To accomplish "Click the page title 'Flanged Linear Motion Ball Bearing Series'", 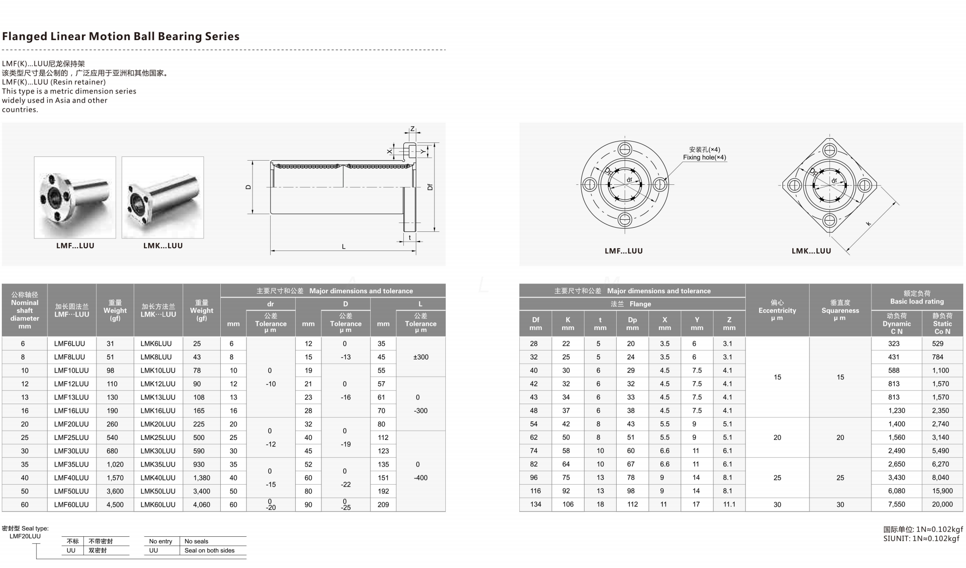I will tap(121, 36).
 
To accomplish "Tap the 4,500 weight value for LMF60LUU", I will tap(115, 504).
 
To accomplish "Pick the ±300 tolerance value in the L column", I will tap(420, 357).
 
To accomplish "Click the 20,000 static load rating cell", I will tap(942, 504).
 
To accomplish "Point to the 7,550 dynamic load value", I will tap(896, 504).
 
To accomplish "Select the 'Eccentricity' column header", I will tap(777, 310).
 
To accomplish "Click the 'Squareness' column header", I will tap(840, 310).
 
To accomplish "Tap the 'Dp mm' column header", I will tap(632, 324).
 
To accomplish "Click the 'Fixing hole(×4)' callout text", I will tap(704, 157).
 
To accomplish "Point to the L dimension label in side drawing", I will tap(344, 246).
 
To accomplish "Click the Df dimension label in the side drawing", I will tap(429, 187).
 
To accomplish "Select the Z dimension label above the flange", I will tap(412, 129).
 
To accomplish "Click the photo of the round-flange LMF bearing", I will tap(75, 197).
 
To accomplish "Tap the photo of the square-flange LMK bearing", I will tap(163, 197).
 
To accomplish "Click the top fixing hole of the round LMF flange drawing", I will tap(624, 149).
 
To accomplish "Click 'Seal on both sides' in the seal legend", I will tap(209, 550).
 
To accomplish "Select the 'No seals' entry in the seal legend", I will tap(196, 541).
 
